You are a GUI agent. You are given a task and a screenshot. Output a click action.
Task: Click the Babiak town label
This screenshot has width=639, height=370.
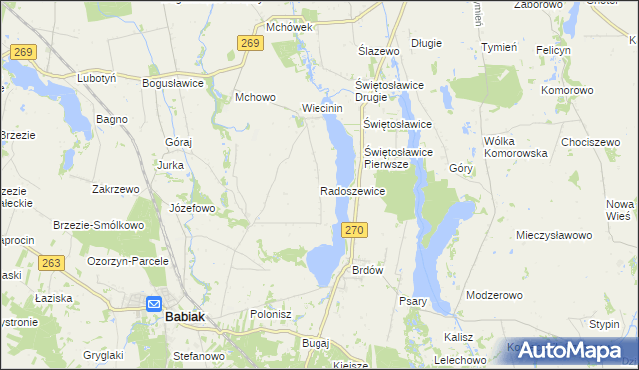[186, 315]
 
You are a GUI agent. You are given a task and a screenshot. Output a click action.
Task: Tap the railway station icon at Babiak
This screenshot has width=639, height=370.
[154, 304]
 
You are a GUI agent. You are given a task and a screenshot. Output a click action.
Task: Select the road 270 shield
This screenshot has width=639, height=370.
[359, 230]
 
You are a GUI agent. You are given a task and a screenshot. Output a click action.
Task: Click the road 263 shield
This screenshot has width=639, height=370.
[52, 263]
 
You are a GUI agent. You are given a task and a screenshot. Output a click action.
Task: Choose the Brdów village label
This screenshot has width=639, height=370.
[368, 271]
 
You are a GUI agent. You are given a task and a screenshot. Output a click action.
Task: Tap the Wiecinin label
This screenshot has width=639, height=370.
[322, 108]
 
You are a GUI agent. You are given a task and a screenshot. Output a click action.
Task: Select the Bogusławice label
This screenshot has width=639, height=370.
[173, 83]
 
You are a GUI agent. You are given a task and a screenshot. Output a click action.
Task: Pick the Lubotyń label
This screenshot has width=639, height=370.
[98, 77]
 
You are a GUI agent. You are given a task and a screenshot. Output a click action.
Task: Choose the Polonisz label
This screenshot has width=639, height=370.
[270, 313]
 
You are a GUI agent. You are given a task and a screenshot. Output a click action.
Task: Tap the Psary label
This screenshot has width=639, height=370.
[412, 301]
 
